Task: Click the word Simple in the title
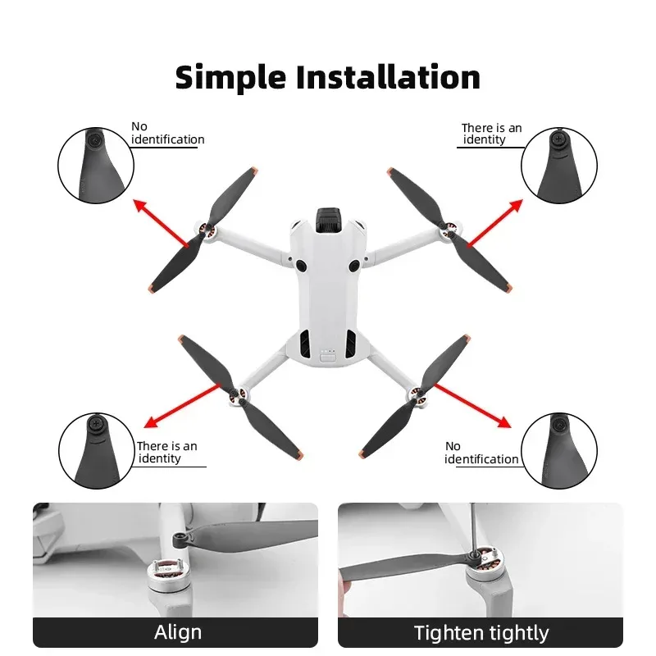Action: coord(230,77)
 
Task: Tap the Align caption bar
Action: coord(177,632)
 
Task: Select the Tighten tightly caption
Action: coord(481,632)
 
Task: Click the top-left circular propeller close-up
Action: coord(95,165)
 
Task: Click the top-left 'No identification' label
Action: coord(167,134)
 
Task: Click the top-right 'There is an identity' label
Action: coord(490,134)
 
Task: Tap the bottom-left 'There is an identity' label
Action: coord(166,452)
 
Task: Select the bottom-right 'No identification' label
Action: coord(481,453)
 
